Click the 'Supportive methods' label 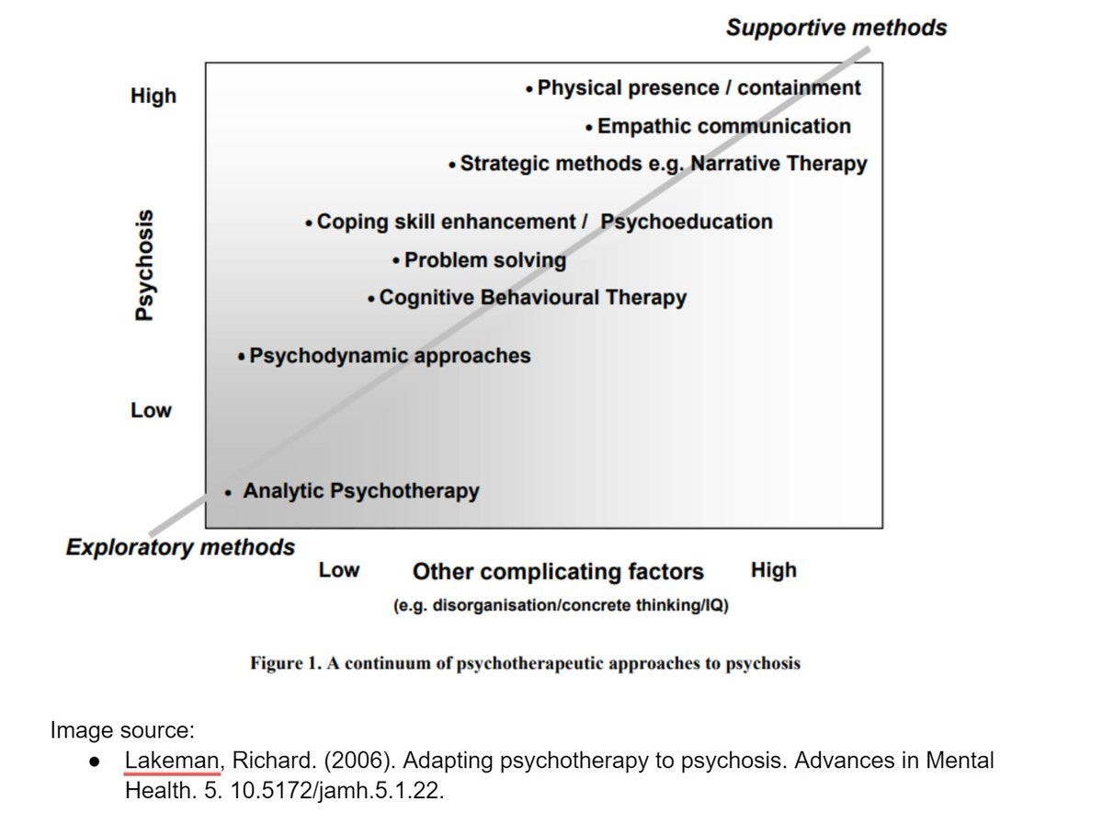[835, 29]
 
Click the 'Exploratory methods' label [180, 548]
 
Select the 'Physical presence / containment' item [699, 88]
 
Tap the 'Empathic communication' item [723, 126]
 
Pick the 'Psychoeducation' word [687, 222]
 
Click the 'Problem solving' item [484, 260]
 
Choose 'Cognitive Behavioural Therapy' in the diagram [532, 298]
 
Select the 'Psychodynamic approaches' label [390, 355]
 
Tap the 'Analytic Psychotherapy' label [360, 491]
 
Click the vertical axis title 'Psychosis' [142, 264]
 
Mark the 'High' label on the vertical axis [153, 97]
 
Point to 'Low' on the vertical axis [151, 410]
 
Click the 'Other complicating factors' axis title [558, 572]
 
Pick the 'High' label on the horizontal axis [773, 571]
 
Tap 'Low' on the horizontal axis [338, 571]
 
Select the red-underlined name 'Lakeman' [172, 761]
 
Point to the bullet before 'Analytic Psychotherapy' [227, 493]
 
